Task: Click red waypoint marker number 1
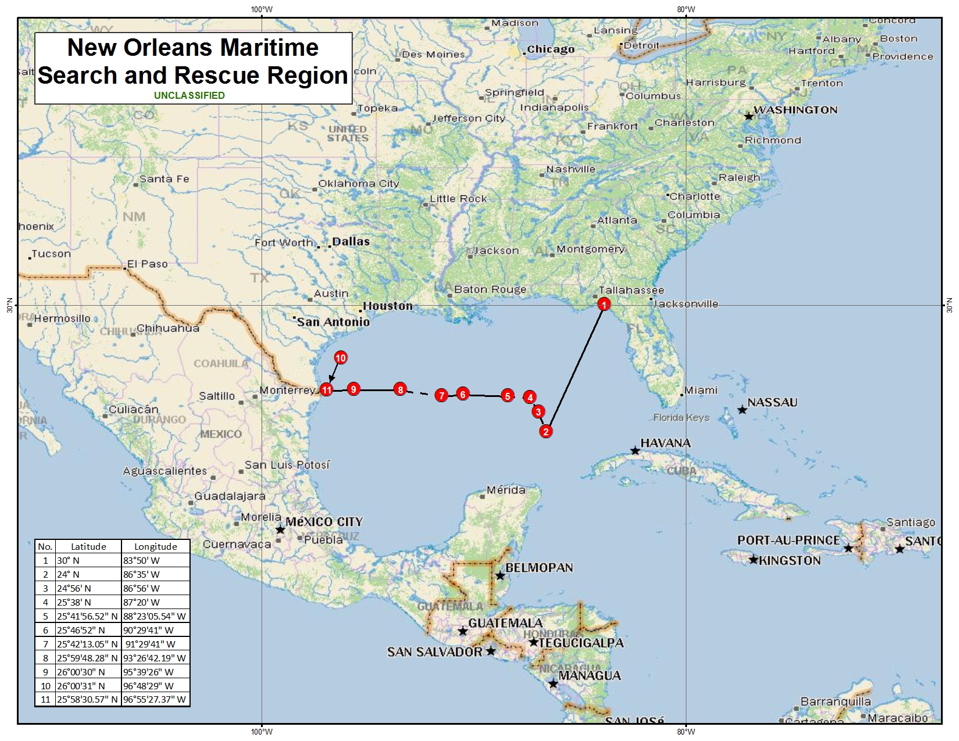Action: click(x=604, y=305)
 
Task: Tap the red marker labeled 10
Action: click(x=341, y=358)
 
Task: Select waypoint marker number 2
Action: click(x=545, y=431)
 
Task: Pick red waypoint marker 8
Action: click(x=400, y=389)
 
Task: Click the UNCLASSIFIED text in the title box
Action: click(x=189, y=95)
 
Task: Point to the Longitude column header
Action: click(x=155, y=546)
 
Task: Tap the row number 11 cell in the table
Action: click(x=45, y=699)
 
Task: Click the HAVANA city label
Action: click(x=665, y=443)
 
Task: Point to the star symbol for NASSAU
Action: click(x=742, y=410)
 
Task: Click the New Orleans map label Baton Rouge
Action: click(x=490, y=289)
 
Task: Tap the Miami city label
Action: click(x=701, y=390)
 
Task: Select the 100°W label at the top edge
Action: click(x=262, y=9)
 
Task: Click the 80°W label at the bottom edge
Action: click(x=686, y=732)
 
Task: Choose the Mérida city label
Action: click(x=506, y=490)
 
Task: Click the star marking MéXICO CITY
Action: click(x=280, y=529)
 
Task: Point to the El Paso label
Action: click(x=148, y=264)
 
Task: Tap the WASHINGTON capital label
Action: click(x=796, y=110)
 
